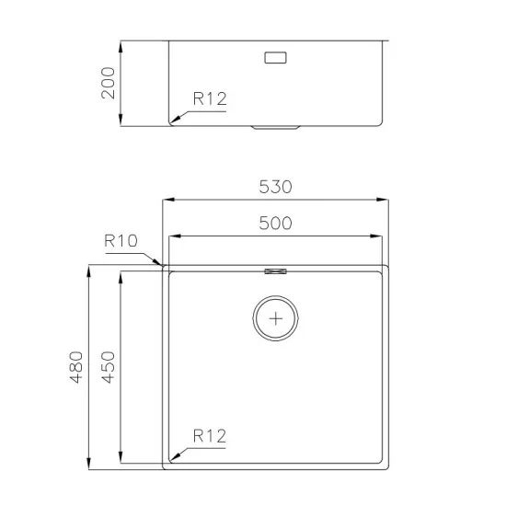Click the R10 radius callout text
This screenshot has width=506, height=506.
[x=121, y=241]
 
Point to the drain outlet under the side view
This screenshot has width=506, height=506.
[x=276, y=128]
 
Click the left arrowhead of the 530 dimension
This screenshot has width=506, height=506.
[x=167, y=199]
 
